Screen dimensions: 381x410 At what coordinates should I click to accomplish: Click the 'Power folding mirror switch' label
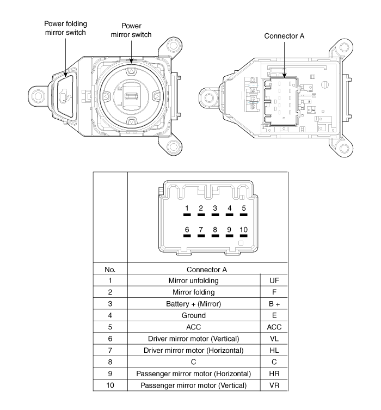click(65, 28)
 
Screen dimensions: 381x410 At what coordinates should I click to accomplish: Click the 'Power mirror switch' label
click(131, 30)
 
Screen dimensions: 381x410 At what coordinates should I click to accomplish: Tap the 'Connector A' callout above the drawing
click(284, 36)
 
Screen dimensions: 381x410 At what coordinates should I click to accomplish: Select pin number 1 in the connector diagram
click(187, 211)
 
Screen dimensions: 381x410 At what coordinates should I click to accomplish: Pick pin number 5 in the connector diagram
click(243, 211)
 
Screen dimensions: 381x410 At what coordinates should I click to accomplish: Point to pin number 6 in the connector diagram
click(187, 231)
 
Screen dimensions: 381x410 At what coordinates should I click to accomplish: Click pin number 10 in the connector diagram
click(243, 231)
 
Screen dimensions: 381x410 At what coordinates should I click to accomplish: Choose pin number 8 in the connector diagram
click(215, 231)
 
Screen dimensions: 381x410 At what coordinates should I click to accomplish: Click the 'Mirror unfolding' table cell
click(194, 280)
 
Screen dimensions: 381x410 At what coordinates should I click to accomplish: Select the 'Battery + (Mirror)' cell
click(194, 304)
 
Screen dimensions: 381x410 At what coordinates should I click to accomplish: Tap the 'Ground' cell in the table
click(194, 315)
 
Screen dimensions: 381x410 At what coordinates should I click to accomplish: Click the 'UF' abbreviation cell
click(274, 280)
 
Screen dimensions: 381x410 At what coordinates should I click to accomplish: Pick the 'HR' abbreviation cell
click(274, 374)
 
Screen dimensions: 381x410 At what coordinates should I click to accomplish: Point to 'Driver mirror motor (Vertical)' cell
click(194, 339)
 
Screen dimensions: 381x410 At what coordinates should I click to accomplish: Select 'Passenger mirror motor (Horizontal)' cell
click(194, 374)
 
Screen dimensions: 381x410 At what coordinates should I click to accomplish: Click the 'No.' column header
click(110, 270)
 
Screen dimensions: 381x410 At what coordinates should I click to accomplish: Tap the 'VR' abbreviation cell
click(274, 385)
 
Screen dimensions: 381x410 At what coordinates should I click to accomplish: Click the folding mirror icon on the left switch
click(65, 96)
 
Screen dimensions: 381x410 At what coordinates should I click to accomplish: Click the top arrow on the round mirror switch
click(131, 71)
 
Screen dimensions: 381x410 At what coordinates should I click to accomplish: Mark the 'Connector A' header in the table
click(207, 270)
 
